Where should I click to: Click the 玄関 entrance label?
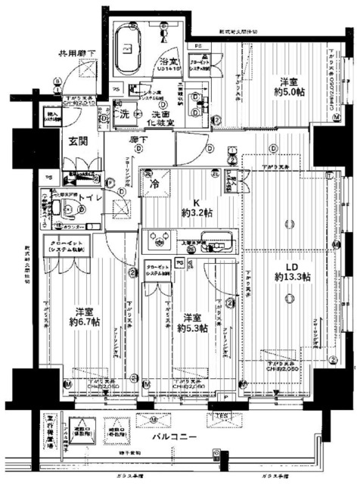click(78, 141)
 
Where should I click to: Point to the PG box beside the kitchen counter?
click(178, 262)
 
